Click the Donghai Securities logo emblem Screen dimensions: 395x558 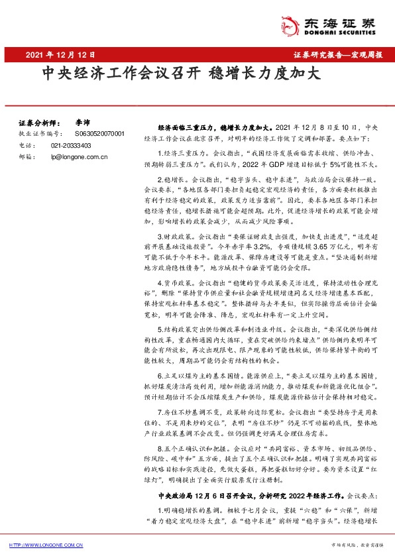point(290,24)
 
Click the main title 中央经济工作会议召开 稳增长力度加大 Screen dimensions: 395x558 point(181,73)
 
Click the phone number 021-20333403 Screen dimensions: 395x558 point(72,145)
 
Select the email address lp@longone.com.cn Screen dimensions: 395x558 point(79,157)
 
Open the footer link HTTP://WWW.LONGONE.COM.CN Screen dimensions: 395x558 point(46,545)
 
